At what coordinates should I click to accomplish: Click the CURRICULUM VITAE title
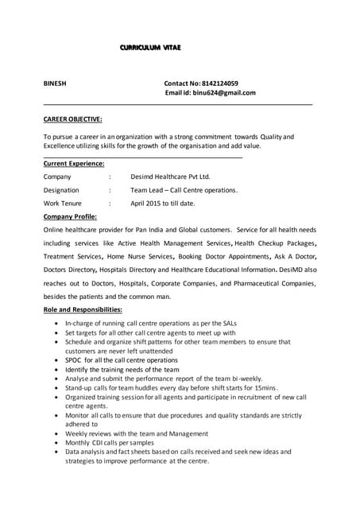[x=150, y=49]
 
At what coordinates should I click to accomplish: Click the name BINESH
[x=56, y=83]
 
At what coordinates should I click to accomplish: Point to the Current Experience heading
[x=74, y=163]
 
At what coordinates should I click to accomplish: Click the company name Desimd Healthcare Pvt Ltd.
[x=170, y=177]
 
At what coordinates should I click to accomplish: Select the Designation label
[x=61, y=190]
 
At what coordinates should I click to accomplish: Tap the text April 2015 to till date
[x=162, y=204]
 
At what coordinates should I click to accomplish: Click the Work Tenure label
[x=62, y=204]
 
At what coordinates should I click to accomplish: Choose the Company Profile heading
[x=70, y=216]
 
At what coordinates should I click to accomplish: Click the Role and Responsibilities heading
[x=83, y=309]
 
